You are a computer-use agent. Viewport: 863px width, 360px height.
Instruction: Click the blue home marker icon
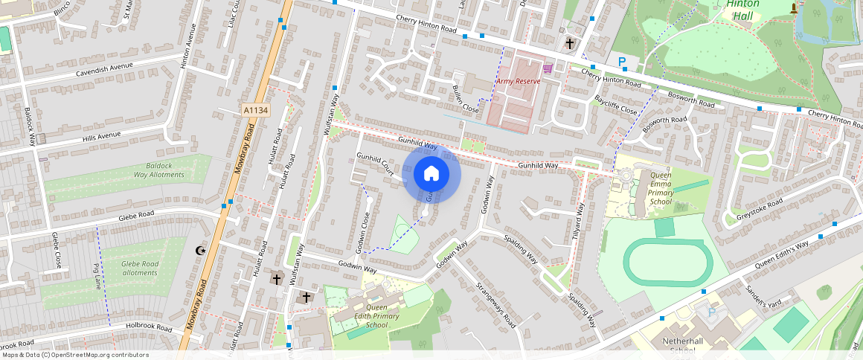click(431, 174)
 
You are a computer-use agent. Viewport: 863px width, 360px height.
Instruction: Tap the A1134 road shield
click(255, 110)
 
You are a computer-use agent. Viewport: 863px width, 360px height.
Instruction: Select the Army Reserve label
click(518, 80)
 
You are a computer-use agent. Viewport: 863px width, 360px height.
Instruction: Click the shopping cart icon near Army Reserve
click(548, 69)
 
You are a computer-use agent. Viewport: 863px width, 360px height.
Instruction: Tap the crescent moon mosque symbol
click(199, 251)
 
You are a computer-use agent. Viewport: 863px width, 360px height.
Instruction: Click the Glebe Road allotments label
click(141, 268)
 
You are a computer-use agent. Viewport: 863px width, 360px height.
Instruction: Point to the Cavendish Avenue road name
click(104, 70)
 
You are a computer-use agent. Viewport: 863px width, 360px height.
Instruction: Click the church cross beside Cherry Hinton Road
click(570, 44)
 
